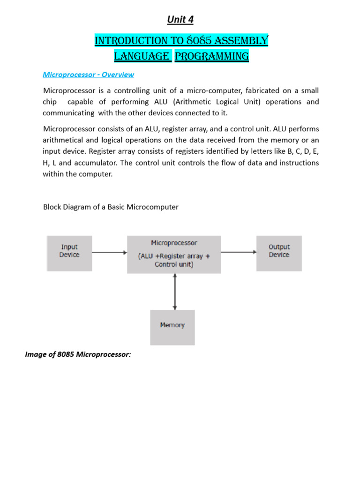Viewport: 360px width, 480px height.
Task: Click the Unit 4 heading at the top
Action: (180, 19)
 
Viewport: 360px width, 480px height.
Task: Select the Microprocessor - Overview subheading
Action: (89, 75)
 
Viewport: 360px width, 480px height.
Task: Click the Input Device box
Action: (69, 253)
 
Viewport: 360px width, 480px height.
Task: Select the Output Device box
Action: (279, 253)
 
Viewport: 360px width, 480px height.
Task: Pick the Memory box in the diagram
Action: (172, 327)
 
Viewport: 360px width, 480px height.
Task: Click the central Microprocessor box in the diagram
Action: (174, 254)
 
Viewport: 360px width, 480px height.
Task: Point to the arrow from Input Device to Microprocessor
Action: (109, 253)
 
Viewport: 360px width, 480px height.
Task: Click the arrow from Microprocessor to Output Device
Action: (239, 253)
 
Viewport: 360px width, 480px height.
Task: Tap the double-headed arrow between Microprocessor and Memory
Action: (174, 291)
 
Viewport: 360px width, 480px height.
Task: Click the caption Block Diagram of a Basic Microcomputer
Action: (111, 207)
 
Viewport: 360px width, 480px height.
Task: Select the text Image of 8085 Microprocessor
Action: (78, 354)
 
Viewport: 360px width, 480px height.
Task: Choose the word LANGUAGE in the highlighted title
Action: (142, 57)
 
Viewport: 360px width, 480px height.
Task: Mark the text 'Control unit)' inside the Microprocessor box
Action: (174, 264)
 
